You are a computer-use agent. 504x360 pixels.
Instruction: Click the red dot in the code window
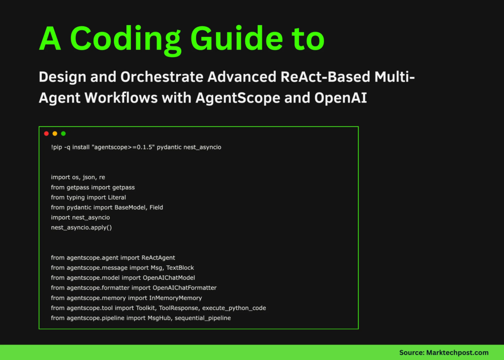(46, 133)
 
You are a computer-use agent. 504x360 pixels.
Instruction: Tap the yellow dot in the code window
(55, 133)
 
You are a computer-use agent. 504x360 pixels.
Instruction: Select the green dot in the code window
(63, 133)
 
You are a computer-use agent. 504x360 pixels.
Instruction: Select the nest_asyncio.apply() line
(81, 228)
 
